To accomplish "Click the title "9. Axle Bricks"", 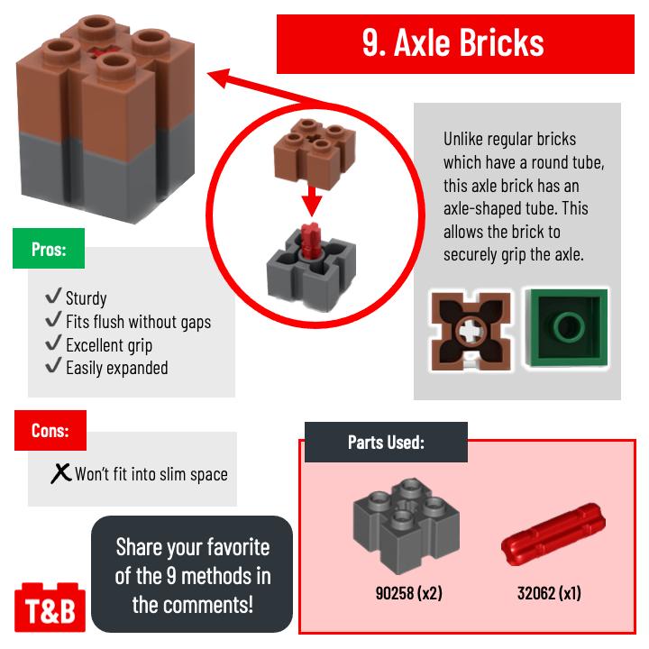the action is (x=452, y=42).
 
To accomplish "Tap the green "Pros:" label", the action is (x=49, y=249).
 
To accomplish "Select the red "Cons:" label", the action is (x=50, y=431).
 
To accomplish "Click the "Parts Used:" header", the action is (x=386, y=442).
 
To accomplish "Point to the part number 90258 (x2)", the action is (x=409, y=593).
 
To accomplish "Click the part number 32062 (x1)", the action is (x=549, y=593).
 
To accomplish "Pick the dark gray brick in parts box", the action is (x=406, y=526).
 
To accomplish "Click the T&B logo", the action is (x=50, y=608).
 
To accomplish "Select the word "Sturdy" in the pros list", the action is (x=87, y=298).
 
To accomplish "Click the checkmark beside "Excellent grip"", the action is (x=53, y=343).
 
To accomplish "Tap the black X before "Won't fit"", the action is (x=61, y=473).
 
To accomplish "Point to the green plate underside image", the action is (x=567, y=328).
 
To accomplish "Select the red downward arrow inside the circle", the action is (x=312, y=201).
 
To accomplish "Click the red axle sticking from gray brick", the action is (x=310, y=241).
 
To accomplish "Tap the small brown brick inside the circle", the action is (x=315, y=153).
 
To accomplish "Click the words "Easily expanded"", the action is (x=117, y=368).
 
